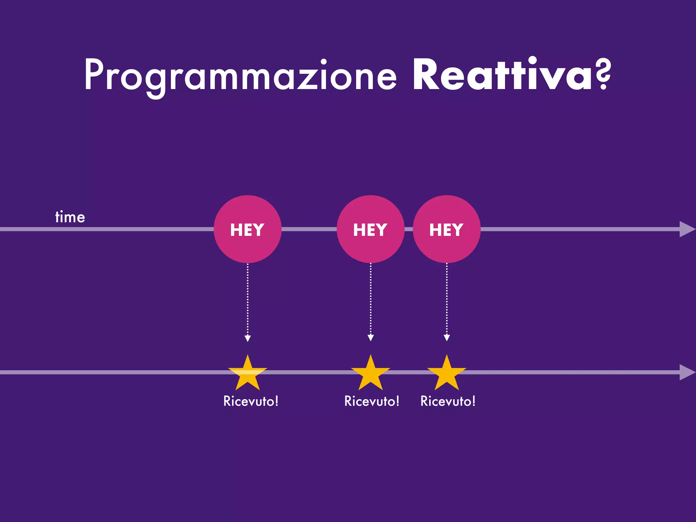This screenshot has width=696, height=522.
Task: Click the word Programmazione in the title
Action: (240, 75)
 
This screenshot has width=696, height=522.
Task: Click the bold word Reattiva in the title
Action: (502, 75)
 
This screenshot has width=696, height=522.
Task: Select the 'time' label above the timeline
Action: (70, 217)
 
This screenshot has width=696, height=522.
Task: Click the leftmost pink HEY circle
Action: (247, 229)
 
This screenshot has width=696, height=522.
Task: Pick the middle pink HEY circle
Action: (370, 229)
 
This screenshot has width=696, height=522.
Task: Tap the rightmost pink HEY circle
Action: (447, 229)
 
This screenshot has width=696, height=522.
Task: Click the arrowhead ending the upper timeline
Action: (686, 229)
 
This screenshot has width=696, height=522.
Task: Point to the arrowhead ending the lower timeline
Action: (686, 372)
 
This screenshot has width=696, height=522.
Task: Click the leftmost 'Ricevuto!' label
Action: (251, 401)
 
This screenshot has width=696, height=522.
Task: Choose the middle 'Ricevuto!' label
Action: (372, 401)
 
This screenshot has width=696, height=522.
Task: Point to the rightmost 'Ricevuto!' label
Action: (448, 401)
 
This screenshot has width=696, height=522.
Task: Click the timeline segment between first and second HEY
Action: (309, 229)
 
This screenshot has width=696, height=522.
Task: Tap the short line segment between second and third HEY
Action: (408, 229)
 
